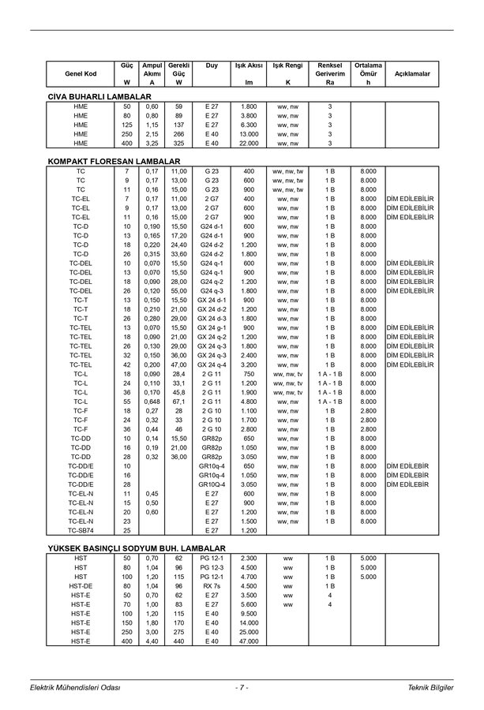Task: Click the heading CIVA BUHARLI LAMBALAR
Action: click(x=99, y=96)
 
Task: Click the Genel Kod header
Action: click(x=81, y=73)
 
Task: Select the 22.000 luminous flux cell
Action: click(x=249, y=144)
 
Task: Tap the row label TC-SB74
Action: click(x=81, y=530)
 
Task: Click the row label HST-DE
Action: click(x=81, y=586)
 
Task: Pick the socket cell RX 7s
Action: click(x=211, y=586)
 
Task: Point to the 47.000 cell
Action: click(x=249, y=642)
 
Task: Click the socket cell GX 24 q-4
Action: click(x=211, y=364)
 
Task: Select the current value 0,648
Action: click(x=152, y=402)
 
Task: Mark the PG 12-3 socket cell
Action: click(x=211, y=567)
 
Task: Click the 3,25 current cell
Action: click(x=152, y=144)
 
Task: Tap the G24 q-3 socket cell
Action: click(x=211, y=290)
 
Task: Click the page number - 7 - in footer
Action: click(x=242, y=688)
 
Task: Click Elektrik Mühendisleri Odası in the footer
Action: click(x=74, y=688)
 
